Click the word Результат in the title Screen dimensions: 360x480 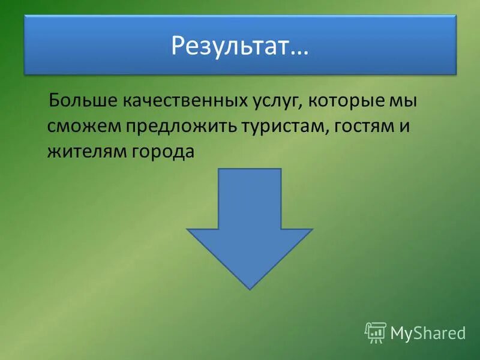click(231, 46)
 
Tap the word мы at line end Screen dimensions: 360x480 click(402, 101)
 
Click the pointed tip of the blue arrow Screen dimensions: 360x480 click(250, 288)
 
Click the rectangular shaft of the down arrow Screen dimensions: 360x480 click(250, 198)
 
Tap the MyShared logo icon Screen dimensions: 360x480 click(375, 332)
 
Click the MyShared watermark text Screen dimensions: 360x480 click(428, 332)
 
